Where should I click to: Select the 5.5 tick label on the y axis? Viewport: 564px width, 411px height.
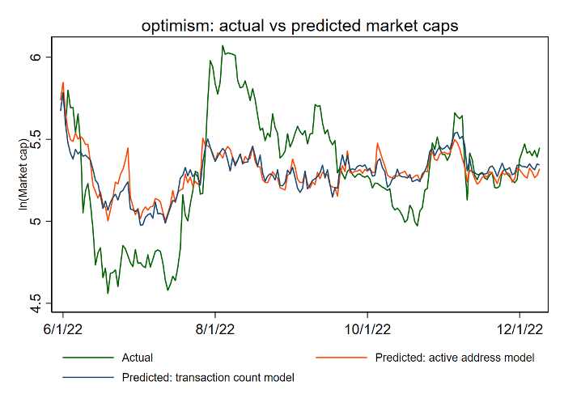pyautogui.click(x=46, y=139)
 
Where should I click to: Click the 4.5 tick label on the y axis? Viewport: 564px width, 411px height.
pyautogui.click(x=46, y=303)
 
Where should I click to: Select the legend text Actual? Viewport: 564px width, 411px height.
pyautogui.click(x=137, y=358)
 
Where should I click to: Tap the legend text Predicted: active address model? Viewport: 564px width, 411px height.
pyautogui.click(x=454, y=358)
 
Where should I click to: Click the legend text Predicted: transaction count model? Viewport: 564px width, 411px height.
pyautogui.click(x=208, y=377)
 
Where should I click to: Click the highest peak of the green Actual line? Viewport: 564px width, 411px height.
pyautogui.click(x=223, y=46)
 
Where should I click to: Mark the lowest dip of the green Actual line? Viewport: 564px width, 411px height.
pyautogui.click(x=108, y=294)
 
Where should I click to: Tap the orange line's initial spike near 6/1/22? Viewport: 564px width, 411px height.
pyautogui.click(x=63, y=83)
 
